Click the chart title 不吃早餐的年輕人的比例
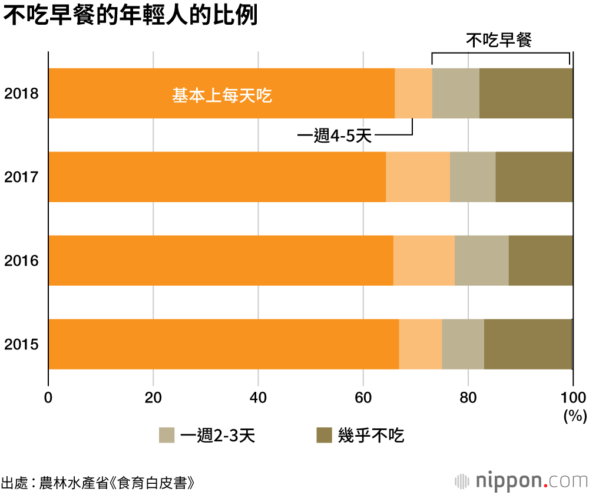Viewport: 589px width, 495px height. (131, 16)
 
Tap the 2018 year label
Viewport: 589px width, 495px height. (21, 93)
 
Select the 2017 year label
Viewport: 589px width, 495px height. (21, 177)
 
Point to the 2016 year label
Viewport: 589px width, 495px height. (21, 260)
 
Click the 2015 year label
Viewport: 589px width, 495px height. (21, 344)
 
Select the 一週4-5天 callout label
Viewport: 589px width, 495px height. (334, 137)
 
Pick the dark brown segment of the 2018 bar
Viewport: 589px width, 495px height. (526, 93)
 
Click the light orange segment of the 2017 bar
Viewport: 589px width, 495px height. (418, 177)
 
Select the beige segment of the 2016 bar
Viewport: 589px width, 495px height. (481, 260)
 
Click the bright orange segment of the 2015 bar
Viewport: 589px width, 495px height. (223, 344)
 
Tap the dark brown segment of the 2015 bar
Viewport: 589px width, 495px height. (528, 344)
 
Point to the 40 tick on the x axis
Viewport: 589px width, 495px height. (258, 396)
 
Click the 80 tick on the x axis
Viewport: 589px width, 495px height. (468, 396)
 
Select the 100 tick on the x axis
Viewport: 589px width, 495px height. (573, 396)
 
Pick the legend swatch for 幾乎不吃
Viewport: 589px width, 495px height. (325, 435)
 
